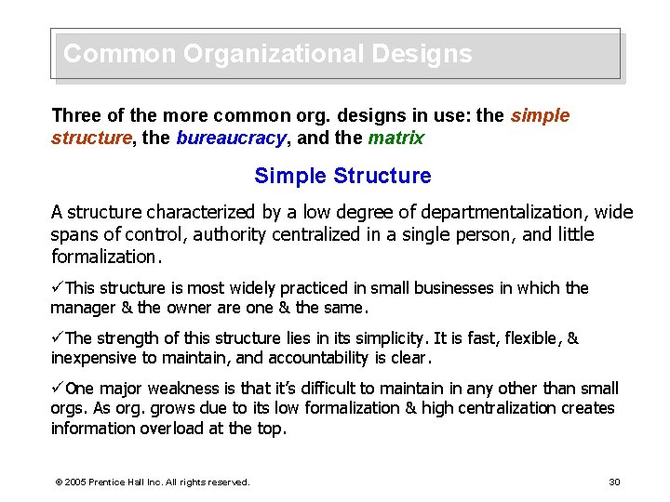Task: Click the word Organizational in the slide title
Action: coord(274,54)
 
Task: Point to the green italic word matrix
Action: coord(395,139)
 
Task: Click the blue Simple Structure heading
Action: coord(342,176)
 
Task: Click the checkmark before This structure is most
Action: coord(58,288)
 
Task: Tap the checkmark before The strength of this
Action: coord(58,338)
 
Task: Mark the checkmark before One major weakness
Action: coord(58,389)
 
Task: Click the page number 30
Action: coord(614,482)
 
